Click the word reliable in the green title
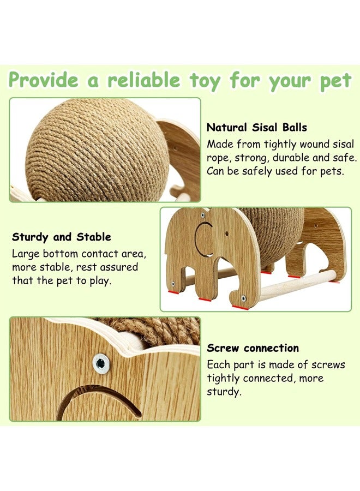pos(143,80)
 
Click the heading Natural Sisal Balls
pos(256,128)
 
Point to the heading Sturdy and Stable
pos(62,237)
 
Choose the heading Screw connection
pos(253,348)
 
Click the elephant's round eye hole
pos(202,216)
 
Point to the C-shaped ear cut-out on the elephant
pos(203,239)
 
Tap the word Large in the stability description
pos(27,254)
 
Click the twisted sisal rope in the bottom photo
pos(158,331)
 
